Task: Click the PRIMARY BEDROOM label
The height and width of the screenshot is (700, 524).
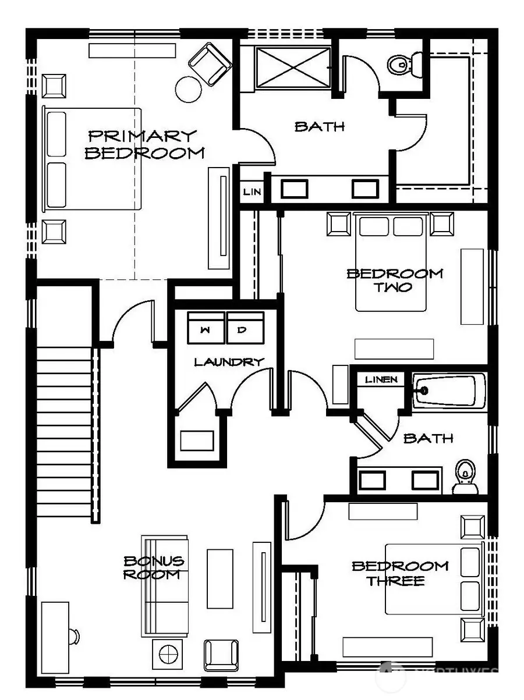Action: pos(144,144)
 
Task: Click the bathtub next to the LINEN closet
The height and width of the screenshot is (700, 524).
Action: pos(449,391)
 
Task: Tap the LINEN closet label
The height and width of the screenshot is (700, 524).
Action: pos(381,380)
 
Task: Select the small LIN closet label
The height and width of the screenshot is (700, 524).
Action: pos(252,191)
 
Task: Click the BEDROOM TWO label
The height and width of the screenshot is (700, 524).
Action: pos(394,280)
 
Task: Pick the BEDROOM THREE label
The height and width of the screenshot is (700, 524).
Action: pos(400,573)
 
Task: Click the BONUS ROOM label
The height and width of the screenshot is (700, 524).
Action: pos(154,567)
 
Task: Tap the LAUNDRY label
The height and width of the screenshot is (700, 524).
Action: pos(229,362)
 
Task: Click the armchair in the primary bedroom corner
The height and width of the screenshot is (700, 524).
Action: pos(210,63)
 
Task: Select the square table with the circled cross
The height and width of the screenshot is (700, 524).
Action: pos(168,654)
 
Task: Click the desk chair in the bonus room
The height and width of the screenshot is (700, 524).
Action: pos(73,636)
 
